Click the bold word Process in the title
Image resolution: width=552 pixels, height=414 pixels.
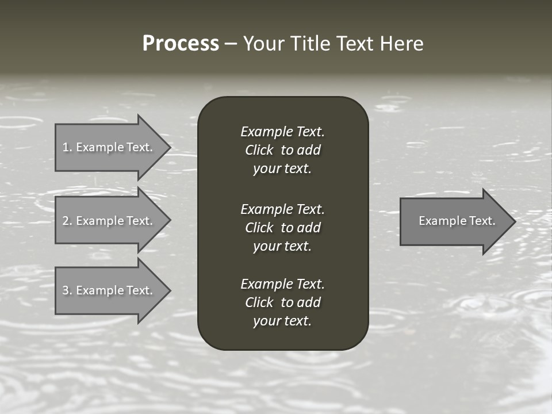point(181,44)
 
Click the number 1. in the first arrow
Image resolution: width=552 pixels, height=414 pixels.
point(67,147)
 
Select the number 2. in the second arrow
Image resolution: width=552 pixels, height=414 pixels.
point(67,221)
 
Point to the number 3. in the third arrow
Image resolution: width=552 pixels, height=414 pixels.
point(67,290)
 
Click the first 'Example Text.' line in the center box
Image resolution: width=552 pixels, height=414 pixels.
point(282,132)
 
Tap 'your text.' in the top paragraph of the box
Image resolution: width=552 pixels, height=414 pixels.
point(282,169)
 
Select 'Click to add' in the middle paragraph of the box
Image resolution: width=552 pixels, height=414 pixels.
point(282,228)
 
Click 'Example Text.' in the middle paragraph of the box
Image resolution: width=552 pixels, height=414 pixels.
point(282,209)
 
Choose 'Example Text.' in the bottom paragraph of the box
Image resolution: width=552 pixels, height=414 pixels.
point(282,284)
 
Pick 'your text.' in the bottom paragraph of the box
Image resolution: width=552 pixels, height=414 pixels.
point(282,321)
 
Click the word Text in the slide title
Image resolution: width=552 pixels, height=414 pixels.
point(355,44)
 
